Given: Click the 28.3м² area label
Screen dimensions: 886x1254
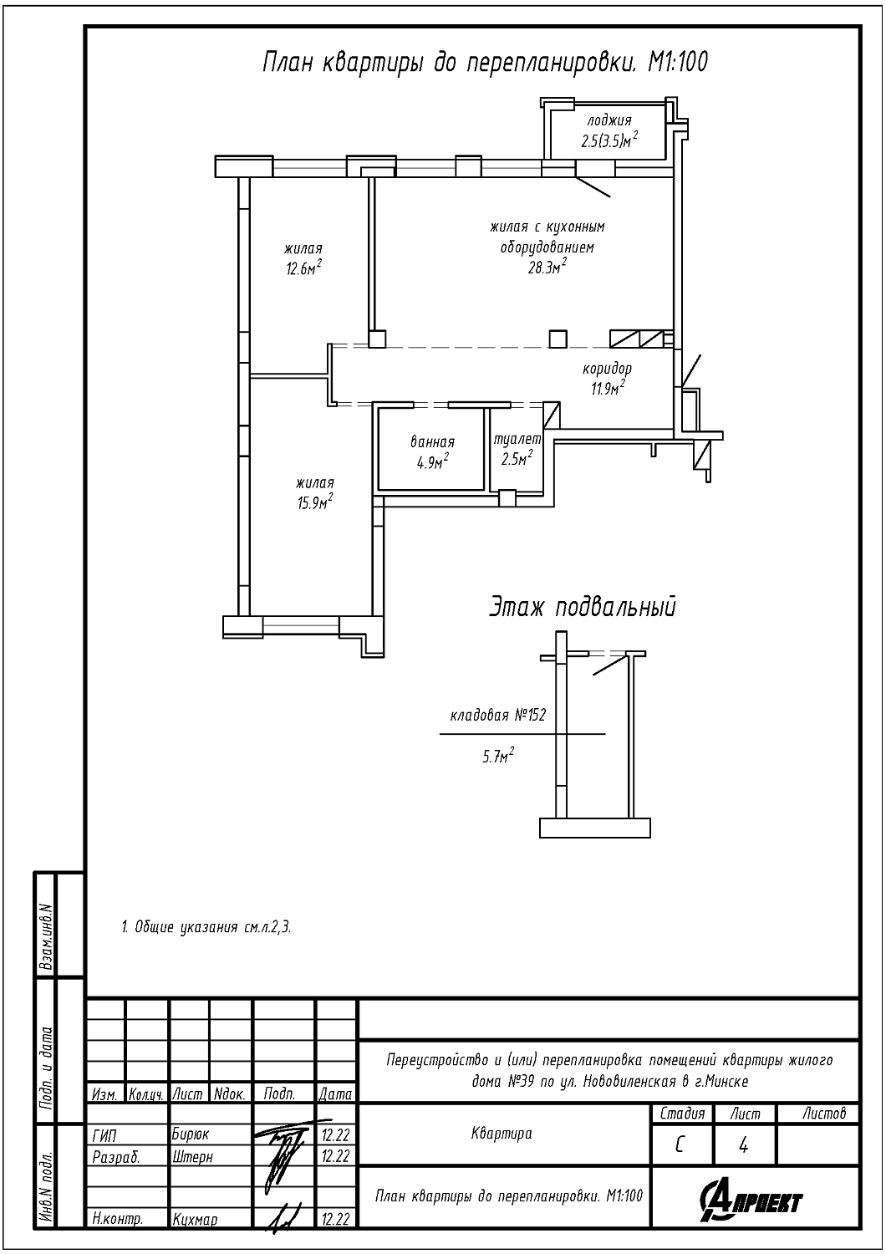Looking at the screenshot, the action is coord(547,266).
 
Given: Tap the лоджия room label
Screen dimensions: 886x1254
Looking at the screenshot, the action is coord(609,120).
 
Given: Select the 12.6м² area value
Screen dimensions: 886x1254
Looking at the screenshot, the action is coord(304,268).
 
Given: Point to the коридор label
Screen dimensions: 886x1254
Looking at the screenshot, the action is coord(608,369).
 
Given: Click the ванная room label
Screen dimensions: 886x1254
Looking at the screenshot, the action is coord(433,441).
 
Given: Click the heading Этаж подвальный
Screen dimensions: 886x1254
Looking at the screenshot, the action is coord(583,608).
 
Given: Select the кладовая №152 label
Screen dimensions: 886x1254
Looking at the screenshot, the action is coord(497,715).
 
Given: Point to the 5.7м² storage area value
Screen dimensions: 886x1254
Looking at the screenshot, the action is coord(498,757).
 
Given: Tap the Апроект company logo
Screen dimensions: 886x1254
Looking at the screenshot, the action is coord(751,1201).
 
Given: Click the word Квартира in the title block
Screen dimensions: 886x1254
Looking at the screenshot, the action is coord(502,1134).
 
